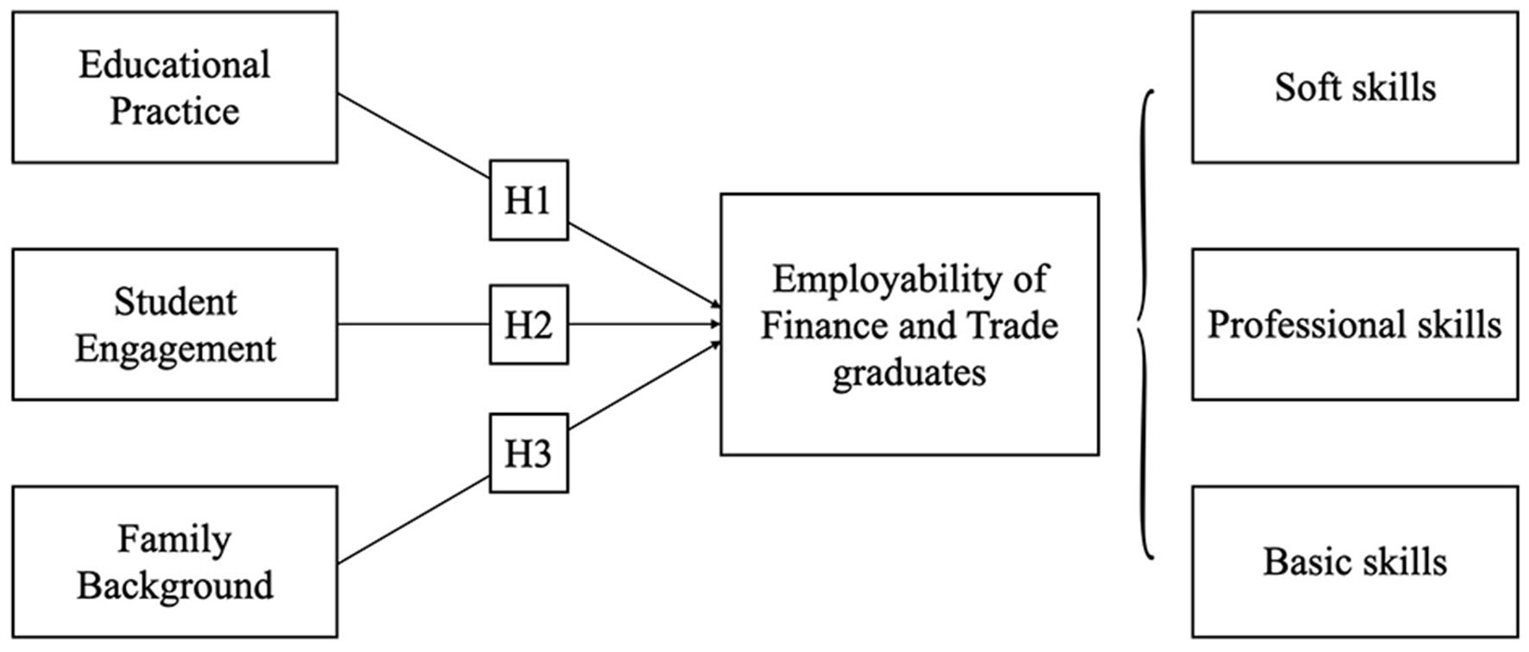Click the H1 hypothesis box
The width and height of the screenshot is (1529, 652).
click(x=528, y=200)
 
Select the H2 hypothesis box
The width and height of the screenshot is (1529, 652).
click(x=528, y=325)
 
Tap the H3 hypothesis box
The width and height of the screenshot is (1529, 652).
click(x=528, y=454)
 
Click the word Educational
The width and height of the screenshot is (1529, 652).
click(x=174, y=65)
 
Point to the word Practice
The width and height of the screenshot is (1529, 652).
click(x=174, y=111)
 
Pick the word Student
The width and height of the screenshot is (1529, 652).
click(x=175, y=302)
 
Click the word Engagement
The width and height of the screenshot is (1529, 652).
click(x=175, y=348)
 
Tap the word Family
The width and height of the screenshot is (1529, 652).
click(x=174, y=539)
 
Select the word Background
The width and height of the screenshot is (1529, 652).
click(x=175, y=586)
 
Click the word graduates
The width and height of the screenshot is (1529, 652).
click(x=909, y=373)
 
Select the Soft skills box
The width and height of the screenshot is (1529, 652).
click(x=1355, y=87)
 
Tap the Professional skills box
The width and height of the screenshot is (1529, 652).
click(x=1355, y=324)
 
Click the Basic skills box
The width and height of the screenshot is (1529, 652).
click(x=1355, y=561)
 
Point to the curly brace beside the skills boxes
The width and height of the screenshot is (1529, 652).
click(x=1145, y=324)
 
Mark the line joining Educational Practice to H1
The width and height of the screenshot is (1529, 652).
click(x=413, y=136)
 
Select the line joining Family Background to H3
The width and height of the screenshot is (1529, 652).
click(x=413, y=520)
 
